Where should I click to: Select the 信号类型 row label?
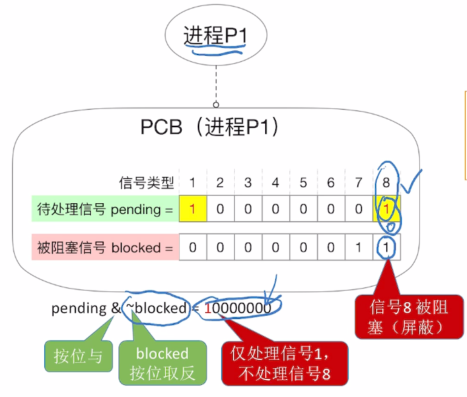click(x=146, y=182)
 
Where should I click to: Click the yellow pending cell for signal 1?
click(x=192, y=210)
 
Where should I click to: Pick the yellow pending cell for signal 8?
click(x=386, y=210)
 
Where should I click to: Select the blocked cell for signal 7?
click(x=359, y=248)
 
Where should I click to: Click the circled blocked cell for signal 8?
click(x=386, y=248)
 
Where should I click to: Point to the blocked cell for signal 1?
click(x=192, y=248)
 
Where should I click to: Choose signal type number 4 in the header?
click(x=275, y=182)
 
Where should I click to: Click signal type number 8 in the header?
click(x=386, y=182)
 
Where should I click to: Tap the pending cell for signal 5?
click(x=303, y=210)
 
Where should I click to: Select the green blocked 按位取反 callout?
click(x=161, y=363)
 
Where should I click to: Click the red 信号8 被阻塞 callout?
click(x=409, y=316)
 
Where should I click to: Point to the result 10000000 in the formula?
click(x=238, y=309)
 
